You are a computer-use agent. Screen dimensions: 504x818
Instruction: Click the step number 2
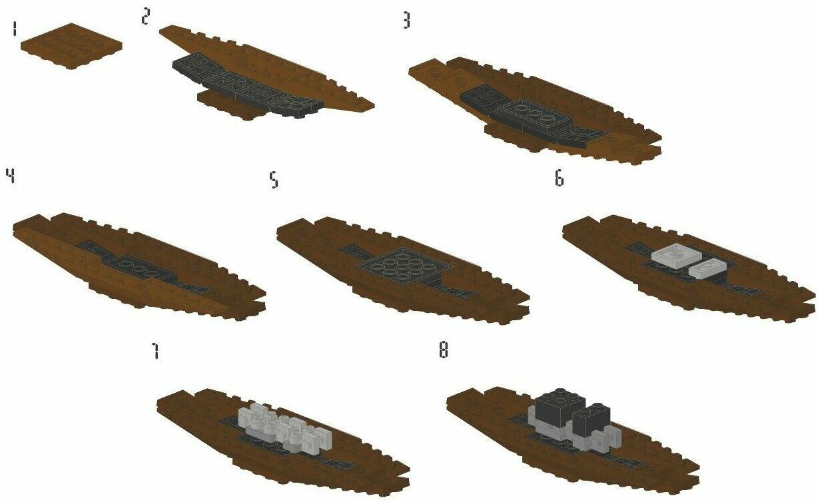tap(145, 17)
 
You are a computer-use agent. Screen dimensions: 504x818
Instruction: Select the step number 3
tap(406, 21)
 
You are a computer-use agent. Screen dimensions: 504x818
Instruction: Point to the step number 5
tap(274, 180)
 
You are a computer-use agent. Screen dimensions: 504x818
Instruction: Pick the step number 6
tap(559, 178)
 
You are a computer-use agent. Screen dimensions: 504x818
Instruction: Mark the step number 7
tap(155, 351)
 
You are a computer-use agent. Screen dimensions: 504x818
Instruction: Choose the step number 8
tap(443, 350)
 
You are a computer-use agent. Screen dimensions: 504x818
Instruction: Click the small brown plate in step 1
tap(71, 45)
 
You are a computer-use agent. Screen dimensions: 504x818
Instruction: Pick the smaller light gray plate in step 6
tap(706, 268)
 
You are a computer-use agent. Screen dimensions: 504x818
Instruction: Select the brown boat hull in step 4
tap(167, 293)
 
